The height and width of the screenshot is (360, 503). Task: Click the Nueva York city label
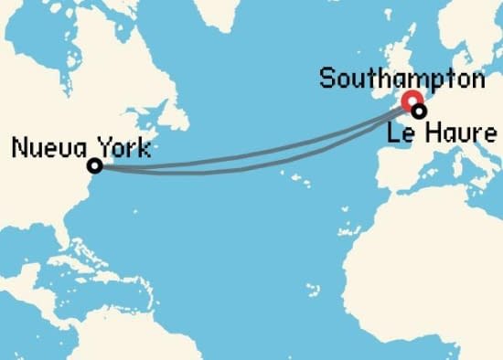point(80,147)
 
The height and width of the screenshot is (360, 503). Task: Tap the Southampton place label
point(401,79)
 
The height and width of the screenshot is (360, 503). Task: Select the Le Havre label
point(443,134)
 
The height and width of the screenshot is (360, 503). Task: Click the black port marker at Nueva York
point(94,166)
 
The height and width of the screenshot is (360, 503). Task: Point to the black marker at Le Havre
point(419,111)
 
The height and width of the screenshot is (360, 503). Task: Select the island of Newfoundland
point(168,111)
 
